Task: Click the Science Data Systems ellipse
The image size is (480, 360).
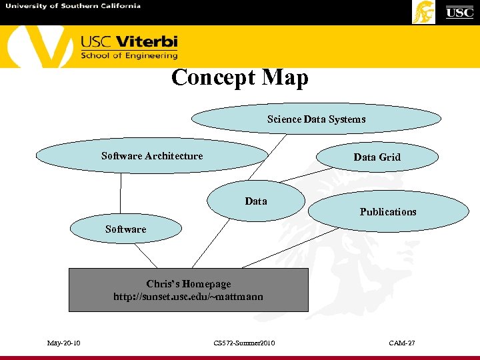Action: coord(316,119)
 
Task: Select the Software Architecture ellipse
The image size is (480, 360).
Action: coord(151,156)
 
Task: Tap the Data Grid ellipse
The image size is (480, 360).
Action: coord(377,157)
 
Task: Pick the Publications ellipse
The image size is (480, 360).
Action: coord(388,212)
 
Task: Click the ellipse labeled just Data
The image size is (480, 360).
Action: coord(256,201)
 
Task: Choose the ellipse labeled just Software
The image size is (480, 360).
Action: coord(125,229)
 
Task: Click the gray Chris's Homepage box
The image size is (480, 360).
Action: coord(189,290)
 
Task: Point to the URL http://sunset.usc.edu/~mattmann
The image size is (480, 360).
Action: coord(189,297)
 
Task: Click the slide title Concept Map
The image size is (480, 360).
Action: coord(240,78)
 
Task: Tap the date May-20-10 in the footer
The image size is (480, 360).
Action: coord(64,343)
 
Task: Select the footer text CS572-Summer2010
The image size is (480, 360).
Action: coord(244,343)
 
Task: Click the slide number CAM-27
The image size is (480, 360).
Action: coord(402,343)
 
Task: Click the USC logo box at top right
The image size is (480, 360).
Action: coord(459,12)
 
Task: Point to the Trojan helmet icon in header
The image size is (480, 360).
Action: coord(424,12)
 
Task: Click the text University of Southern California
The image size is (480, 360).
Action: coord(73,6)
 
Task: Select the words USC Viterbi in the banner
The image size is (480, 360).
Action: coord(129,42)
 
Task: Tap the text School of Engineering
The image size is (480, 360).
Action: coord(129,56)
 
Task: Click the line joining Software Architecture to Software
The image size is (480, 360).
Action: coord(121,193)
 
